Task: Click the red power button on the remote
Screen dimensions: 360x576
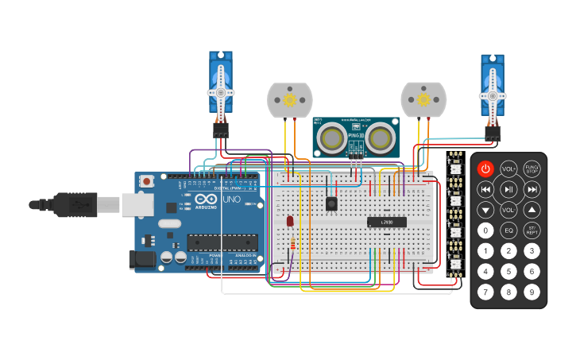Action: pyautogui.click(x=485, y=168)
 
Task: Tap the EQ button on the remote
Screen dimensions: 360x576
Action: pyautogui.click(x=508, y=230)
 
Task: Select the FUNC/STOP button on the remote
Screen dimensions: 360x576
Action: pyautogui.click(x=532, y=168)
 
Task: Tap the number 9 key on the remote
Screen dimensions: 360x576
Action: pyautogui.click(x=532, y=292)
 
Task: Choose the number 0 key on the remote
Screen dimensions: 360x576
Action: pyautogui.click(x=485, y=230)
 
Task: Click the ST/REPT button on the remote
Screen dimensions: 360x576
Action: pyautogui.click(x=532, y=230)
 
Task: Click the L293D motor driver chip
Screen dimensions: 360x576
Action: pyautogui.click(x=387, y=222)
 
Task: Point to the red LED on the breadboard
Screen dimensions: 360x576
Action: pyautogui.click(x=290, y=221)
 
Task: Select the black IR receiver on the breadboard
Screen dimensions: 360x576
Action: pyautogui.click(x=331, y=203)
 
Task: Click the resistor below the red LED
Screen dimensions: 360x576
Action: pyautogui.click(x=293, y=243)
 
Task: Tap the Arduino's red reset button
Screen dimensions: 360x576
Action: pyautogui.click(x=147, y=182)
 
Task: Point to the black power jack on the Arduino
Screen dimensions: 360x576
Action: pyautogui.click(x=141, y=258)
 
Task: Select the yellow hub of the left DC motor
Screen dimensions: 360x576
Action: pyautogui.click(x=289, y=100)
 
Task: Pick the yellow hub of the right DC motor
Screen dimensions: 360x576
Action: pyautogui.click(x=423, y=100)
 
